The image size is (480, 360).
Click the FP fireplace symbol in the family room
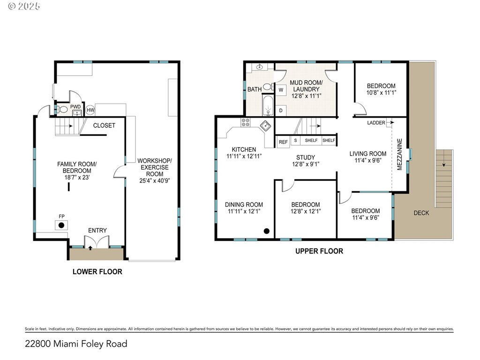61,225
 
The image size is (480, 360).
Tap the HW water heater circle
90,110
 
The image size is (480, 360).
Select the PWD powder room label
75,107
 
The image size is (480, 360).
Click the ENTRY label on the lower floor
97,230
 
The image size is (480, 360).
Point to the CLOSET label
104,125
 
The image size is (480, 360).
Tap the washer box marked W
281,89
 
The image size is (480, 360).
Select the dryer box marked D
281,110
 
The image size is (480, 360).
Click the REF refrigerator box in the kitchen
283,142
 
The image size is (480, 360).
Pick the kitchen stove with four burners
246,123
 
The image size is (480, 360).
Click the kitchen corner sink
266,125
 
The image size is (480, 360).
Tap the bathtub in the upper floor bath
267,106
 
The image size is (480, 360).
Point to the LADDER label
376,123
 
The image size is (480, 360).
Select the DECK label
421,213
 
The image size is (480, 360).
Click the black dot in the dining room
267,231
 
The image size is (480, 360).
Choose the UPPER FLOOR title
319,251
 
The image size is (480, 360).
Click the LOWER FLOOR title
97,271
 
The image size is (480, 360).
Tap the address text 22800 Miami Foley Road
76,344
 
